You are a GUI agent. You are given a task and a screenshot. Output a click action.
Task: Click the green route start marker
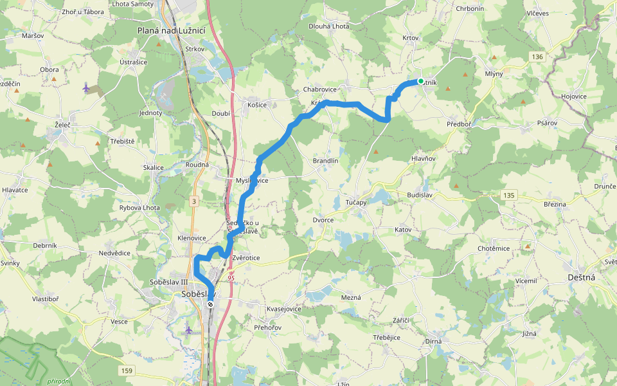pos(420,81)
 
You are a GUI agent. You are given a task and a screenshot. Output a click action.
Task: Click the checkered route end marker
pos(210,304)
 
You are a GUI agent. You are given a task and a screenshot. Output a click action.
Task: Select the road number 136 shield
pos(538,57)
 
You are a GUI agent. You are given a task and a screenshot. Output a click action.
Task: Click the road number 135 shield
pos(510,194)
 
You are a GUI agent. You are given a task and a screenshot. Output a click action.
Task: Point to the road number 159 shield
pos(127,371)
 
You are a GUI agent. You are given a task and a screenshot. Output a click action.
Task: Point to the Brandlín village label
pos(325,161)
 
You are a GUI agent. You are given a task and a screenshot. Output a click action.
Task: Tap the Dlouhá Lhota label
pos(328,26)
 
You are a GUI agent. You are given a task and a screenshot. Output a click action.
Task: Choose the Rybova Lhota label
pos(139,208)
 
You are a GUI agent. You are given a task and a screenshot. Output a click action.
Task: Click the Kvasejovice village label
pos(284,309)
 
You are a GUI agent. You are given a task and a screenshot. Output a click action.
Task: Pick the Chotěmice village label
pos(494,248)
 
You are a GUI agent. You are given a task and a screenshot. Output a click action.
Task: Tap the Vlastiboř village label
pos(46,299)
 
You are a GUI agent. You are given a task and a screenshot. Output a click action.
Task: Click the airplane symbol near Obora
pos(86,86)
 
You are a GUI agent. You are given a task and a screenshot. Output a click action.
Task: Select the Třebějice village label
pos(386,337)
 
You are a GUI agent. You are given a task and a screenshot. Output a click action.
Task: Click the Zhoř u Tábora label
pos(84,12)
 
